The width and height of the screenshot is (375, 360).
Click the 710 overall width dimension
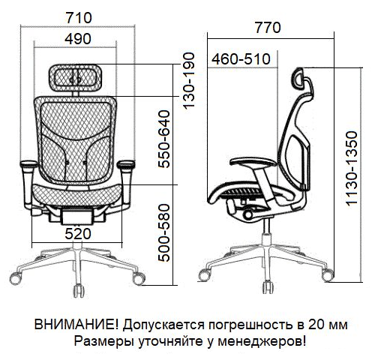pos(79,18)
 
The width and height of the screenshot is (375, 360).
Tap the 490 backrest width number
pos(78,39)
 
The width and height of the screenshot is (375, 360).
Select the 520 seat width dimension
pos(77,234)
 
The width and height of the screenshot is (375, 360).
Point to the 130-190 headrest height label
pos(189,81)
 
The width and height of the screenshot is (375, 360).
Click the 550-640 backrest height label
pos(164,139)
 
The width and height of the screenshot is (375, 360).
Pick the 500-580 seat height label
pos(164,233)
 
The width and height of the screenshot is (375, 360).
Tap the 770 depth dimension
pos(268,28)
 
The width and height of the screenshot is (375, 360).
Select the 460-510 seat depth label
pos(241,59)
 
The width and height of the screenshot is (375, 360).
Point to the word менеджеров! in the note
pos(261,341)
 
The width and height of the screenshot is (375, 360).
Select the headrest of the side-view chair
pos(298,77)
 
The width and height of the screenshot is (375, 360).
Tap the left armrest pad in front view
pos(28,164)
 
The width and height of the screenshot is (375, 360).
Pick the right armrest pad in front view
pos(126,164)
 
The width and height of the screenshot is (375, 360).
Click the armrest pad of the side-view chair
pos(253,162)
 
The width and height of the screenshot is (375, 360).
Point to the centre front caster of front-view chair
pos(79,290)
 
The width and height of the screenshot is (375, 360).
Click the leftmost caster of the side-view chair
pos(204,275)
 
